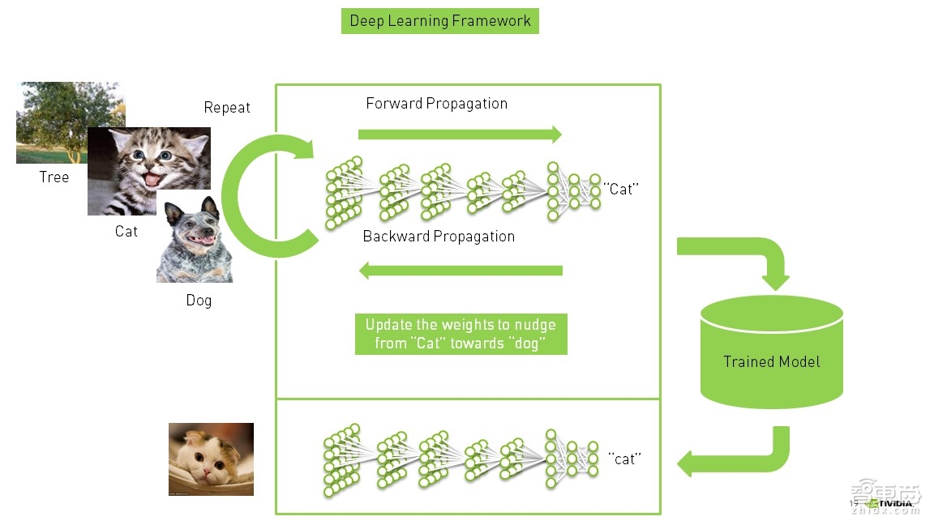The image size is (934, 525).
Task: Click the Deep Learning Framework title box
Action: pos(439,21)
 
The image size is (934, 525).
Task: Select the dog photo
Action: pos(195,243)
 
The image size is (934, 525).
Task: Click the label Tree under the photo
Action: pos(54,177)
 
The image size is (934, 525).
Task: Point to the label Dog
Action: pos(199,301)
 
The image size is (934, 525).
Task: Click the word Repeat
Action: pos(227,108)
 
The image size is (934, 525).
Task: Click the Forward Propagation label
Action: pos(436,104)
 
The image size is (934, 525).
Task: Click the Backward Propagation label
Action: pos(439,237)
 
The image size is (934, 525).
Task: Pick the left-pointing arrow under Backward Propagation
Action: pos(460,271)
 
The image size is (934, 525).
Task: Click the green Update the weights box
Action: pos(461,334)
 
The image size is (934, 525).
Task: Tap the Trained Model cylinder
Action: pos(771,352)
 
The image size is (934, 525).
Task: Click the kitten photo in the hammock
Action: pos(211,459)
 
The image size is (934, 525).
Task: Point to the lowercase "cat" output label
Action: pos(625,459)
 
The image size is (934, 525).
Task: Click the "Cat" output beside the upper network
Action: pos(622,190)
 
